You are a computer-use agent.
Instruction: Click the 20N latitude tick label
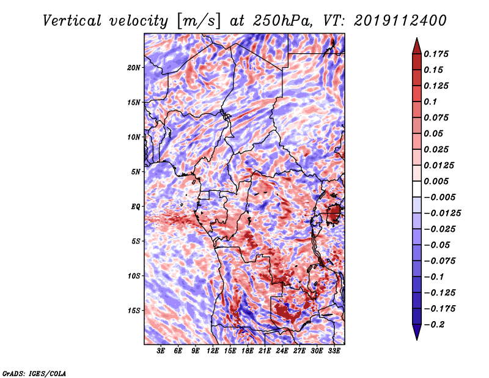134,68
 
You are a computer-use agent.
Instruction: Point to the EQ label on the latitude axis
136,207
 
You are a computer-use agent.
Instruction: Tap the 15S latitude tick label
134,311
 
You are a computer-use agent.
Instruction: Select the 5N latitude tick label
136,172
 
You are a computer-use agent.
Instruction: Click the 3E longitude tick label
161,351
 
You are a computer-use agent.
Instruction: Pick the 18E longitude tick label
247,351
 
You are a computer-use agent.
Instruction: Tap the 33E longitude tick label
334,351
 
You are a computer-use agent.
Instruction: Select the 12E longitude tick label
212,351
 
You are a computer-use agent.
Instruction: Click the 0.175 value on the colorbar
436,54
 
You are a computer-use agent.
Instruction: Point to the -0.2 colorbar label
433,325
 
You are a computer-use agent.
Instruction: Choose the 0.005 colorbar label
436,181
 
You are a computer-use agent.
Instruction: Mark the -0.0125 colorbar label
442,213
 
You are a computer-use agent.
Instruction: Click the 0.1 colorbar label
430,102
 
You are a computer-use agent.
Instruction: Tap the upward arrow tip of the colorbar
417,38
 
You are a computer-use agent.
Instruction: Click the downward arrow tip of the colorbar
417,339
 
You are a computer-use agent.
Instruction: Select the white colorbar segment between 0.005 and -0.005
417,189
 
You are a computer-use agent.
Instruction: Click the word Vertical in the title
72,21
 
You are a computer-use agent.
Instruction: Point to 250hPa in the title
282,21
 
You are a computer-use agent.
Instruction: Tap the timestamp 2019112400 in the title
400,21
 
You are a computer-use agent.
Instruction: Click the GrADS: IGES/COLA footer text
34,373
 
